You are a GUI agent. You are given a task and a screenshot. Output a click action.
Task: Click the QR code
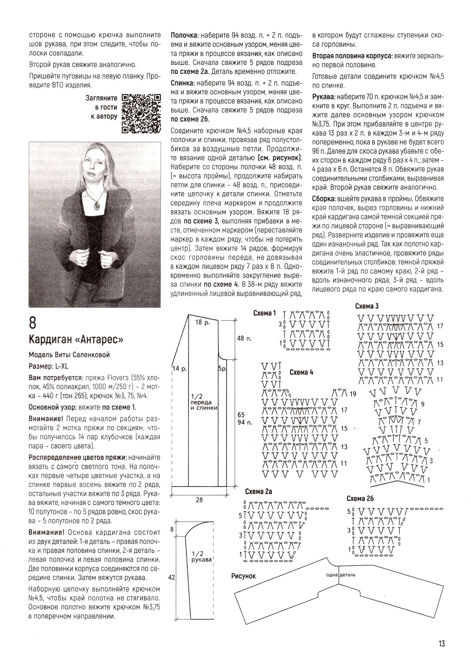coord(141,114)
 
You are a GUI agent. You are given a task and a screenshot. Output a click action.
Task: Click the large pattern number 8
coord(33,322)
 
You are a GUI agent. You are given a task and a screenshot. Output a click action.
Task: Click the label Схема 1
coord(264,313)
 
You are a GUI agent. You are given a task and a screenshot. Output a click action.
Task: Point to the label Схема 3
coord(366,306)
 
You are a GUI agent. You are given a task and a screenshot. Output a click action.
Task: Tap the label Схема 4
coord(301,372)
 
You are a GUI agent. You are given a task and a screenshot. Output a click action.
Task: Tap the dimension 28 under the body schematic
coord(199,500)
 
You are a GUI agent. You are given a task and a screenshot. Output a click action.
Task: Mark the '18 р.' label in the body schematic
coord(203,322)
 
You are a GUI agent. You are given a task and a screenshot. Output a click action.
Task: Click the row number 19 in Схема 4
coord(353,394)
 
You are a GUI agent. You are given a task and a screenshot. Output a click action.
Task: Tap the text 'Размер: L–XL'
coord(48,366)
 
